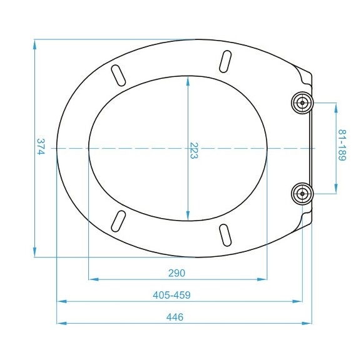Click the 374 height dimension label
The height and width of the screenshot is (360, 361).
41,147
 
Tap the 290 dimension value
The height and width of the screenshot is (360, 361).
177,273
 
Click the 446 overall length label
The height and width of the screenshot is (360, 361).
175,317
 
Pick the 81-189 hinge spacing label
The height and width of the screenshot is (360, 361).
342,146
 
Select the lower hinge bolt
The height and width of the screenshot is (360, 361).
302,193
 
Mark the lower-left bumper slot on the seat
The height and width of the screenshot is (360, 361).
118,221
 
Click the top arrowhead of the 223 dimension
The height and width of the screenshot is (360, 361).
188,79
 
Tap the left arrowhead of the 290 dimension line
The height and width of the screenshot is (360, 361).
92,279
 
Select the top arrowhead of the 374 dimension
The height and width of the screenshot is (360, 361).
35,42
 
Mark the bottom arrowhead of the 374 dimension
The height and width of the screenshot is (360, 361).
35,253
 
